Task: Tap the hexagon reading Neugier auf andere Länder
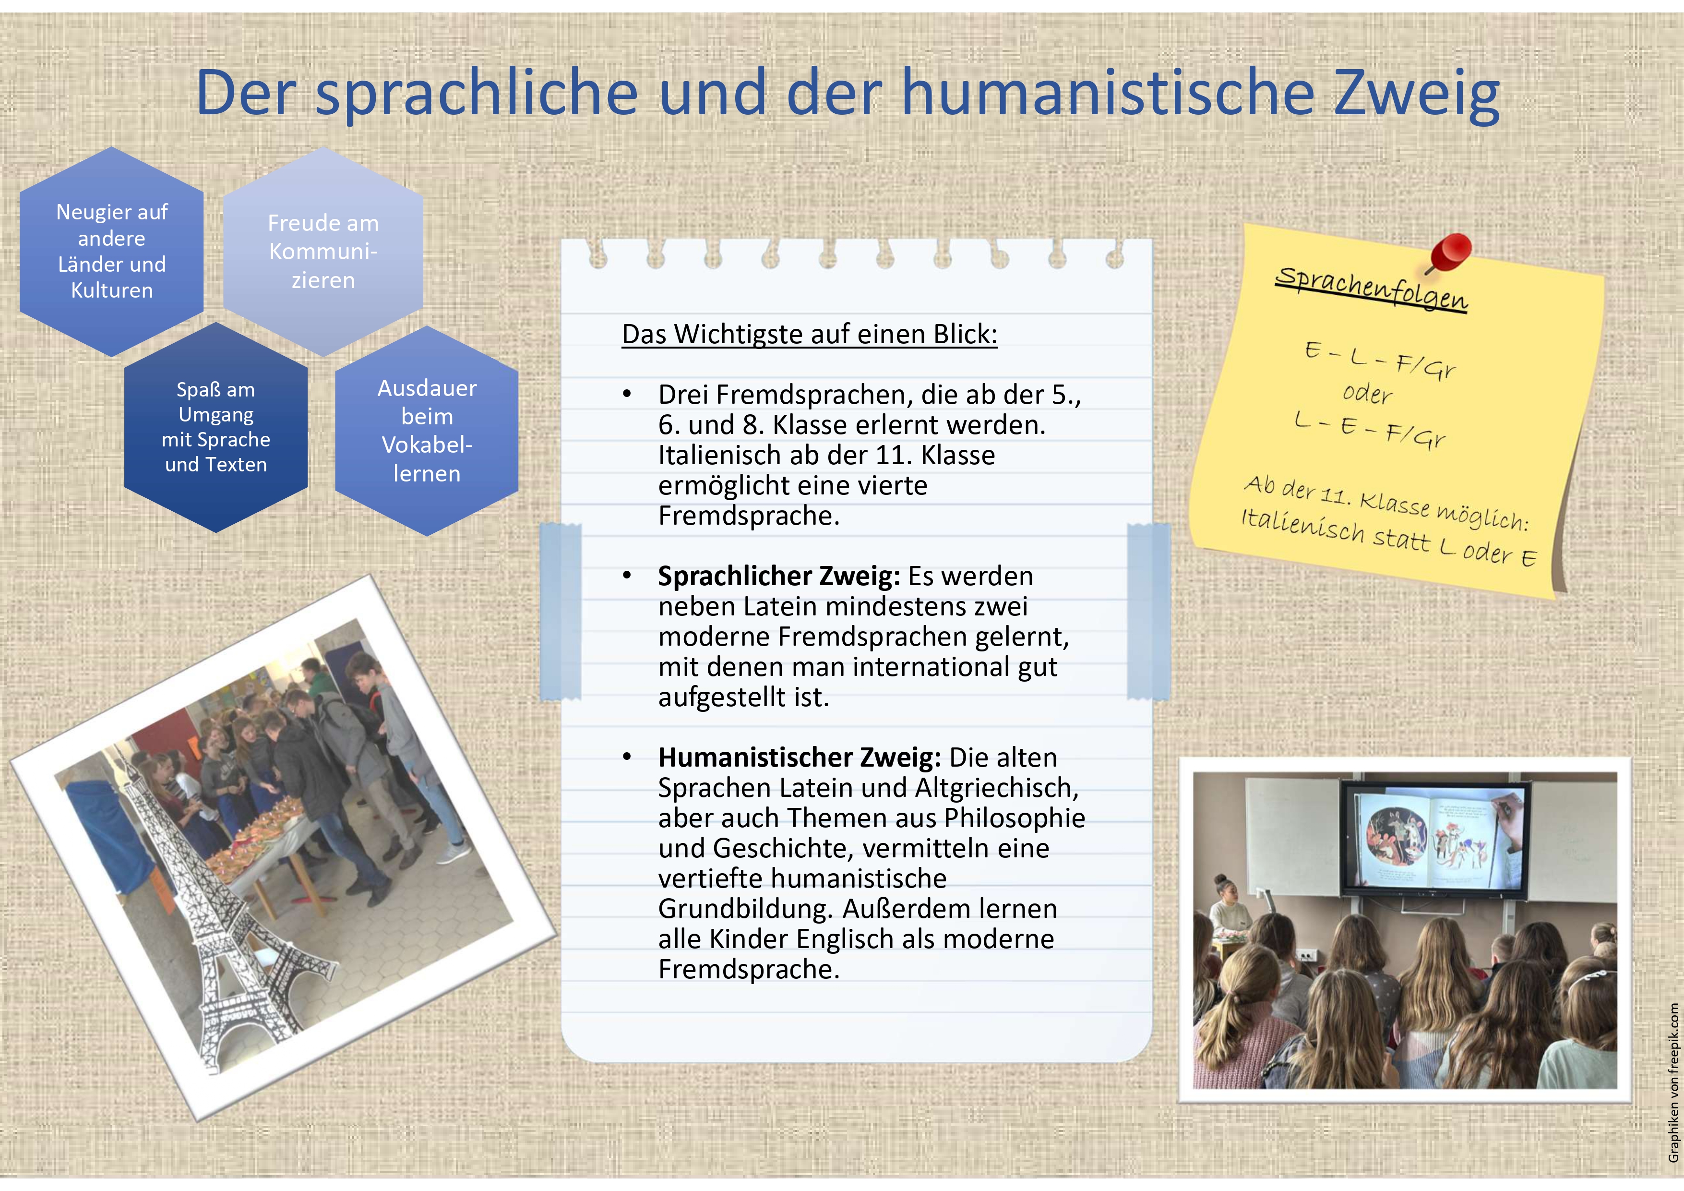(111, 252)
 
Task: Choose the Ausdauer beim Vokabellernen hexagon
(427, 431)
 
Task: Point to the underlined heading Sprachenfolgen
(1372, 289)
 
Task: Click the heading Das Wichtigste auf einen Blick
(810, 334)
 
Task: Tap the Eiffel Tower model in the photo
(220, 917)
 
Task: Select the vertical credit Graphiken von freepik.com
(1673, 1083)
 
